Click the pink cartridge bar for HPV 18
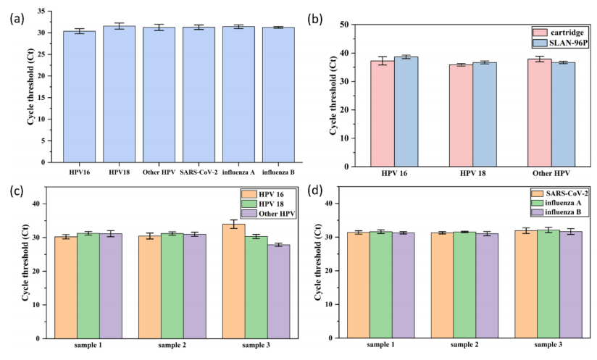[x=459, y=115]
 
